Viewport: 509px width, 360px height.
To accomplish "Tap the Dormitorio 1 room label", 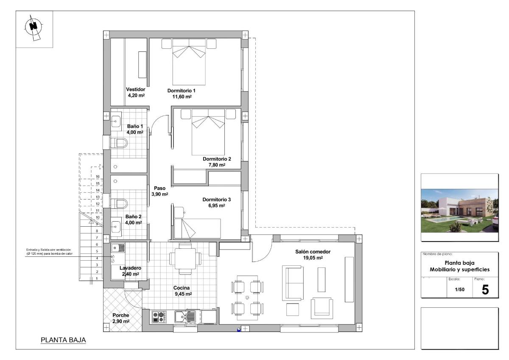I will tap(181, 93).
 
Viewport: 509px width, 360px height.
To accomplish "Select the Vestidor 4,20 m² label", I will tap(136, 93).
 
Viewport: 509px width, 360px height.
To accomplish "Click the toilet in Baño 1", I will tap(119, 143).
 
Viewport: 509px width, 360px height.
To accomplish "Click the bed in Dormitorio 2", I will tap(208, 132).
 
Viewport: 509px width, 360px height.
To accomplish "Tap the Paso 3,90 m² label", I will tap(159, 191).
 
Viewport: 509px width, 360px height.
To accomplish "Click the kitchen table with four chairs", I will tap(182, 258).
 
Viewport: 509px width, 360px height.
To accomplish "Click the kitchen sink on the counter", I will tap(186, 316).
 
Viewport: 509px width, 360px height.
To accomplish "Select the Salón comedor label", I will tap(313, 254).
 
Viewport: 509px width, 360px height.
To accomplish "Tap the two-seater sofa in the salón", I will tap(293, 282).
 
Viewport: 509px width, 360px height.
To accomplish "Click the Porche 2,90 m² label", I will tap(121, 318).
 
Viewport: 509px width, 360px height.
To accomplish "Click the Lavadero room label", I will tap(130, 271).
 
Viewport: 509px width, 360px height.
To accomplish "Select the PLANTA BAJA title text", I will tap(63, 340).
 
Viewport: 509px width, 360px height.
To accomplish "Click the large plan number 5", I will tap(485, 290).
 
